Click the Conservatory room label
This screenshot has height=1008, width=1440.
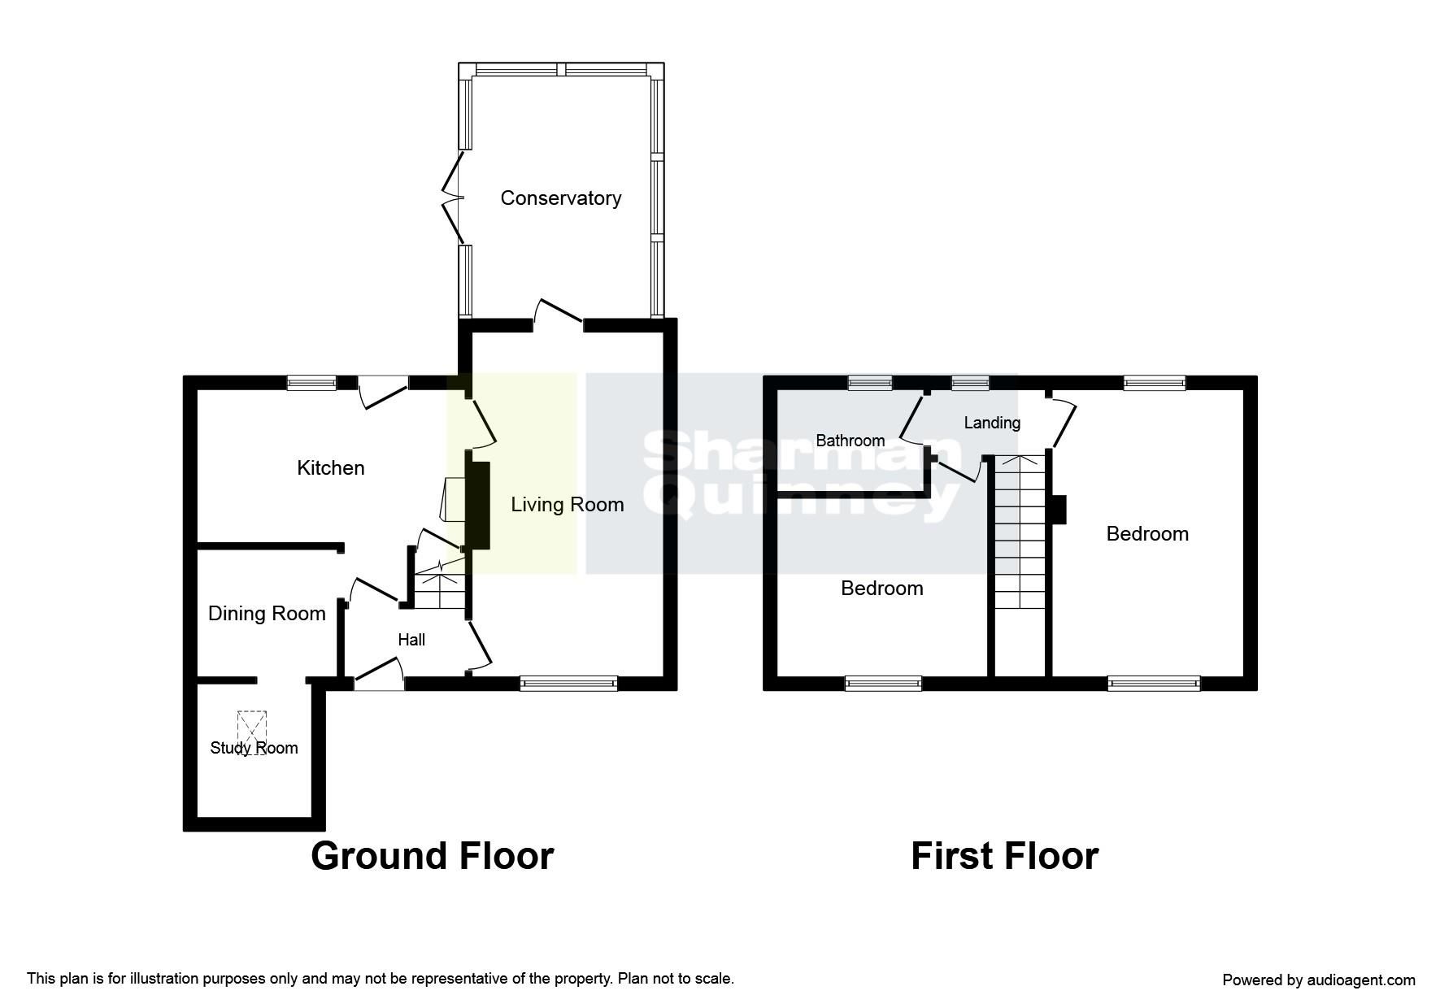click(560, 198)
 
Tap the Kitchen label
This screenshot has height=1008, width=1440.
click(330, 468)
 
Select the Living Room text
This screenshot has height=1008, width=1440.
click(567, 505)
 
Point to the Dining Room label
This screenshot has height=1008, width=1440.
click(267, 614)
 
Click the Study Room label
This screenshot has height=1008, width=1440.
click(254, 748)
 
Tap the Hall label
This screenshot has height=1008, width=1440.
click(411, 641)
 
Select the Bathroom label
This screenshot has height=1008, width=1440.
click(850, 441)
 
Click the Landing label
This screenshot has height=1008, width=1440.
click(991, 423)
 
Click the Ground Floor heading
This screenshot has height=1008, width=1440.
click(432, 856)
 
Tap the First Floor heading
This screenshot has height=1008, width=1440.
click(1004, 856)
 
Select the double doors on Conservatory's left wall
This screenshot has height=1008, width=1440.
click(453, 198)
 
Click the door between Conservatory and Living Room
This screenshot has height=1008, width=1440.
click(559, 315)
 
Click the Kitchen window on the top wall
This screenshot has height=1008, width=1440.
click(311, 382)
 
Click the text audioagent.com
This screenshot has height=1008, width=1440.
click(1360, 980)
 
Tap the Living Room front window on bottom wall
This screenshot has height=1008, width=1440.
click(568, 684)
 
